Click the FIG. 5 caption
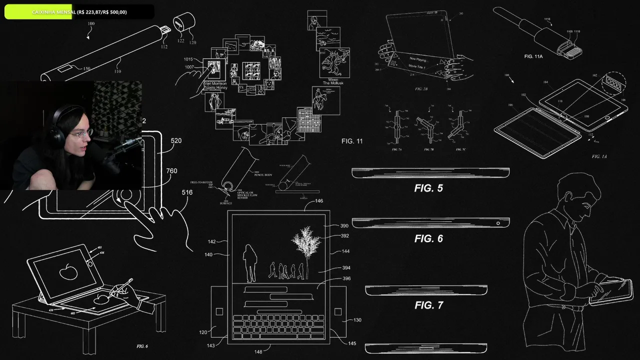click(428, 188)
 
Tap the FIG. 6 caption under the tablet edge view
click(428, 238)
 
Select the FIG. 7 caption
click(428, 305)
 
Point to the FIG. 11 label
click(352, 141)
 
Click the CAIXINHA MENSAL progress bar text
click(79, 11)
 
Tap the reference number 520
click(176, 141)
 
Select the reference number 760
click(171, 171)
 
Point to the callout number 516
click(187, 192)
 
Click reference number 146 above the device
click(318, 201)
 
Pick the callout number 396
click(346, 278)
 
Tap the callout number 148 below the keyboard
click(258, 352)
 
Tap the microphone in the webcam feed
click(125, 145)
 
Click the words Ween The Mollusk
click(332, 80)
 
